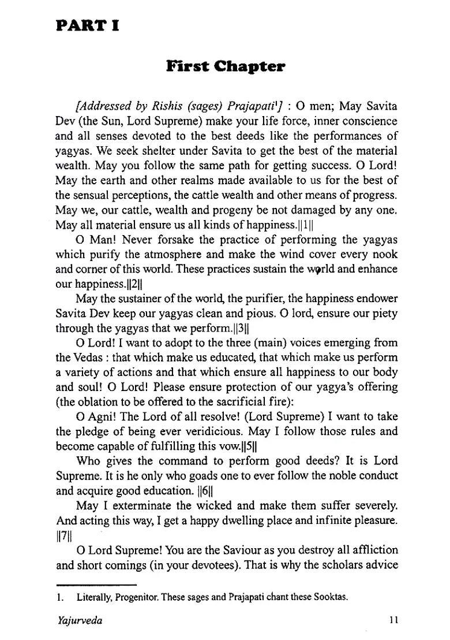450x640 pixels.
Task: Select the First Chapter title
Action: (x=226, y=66)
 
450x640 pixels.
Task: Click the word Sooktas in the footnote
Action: (x=330, y=597)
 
